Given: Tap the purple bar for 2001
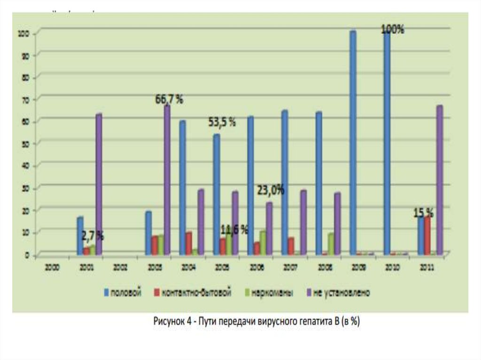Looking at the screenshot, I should coord(99,184).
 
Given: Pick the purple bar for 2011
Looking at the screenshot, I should coord(439,180).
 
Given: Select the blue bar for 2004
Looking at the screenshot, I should coord(182,188).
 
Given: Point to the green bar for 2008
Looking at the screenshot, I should coord(331,244).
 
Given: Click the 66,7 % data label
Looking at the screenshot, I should coord(169,100).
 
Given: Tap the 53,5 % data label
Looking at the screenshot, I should coord(222,123).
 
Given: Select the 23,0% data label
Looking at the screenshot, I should coord(271,191).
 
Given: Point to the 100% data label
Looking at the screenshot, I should coord(393,29).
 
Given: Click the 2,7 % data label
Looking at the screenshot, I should coord(92,236).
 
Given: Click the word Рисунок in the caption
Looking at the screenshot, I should coord(168,322).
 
